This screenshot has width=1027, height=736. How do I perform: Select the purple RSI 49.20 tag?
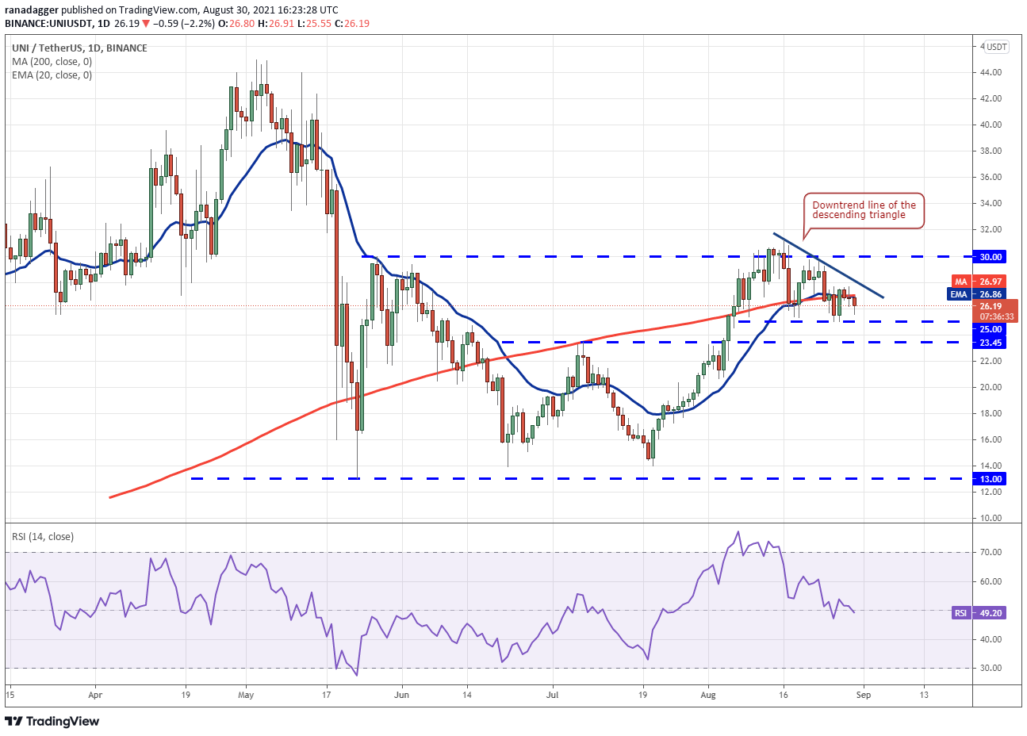click(979, 613)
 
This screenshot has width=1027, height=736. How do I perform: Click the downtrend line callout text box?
click(864, 210)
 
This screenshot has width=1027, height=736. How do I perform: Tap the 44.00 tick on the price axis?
click(991, 72)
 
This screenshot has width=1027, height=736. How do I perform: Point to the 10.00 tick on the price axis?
click(991, 518)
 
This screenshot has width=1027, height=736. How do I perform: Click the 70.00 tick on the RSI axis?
click(991, 552)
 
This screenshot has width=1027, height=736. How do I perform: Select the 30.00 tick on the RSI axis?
click(991, 668)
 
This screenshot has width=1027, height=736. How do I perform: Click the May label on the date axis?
click(246, 695)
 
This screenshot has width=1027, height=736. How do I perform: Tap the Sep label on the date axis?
click(864, 695)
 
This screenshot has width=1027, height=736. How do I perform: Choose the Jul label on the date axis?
click(553, 695)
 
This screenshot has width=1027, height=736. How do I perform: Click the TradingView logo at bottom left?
click(52, 721)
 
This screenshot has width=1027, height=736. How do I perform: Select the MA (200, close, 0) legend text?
click(52, 61)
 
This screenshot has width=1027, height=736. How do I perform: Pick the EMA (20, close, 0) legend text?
click(52, 75)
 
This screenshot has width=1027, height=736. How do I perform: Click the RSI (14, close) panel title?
click(43, 537)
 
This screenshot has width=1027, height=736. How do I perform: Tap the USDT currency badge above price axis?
click(996, 47)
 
